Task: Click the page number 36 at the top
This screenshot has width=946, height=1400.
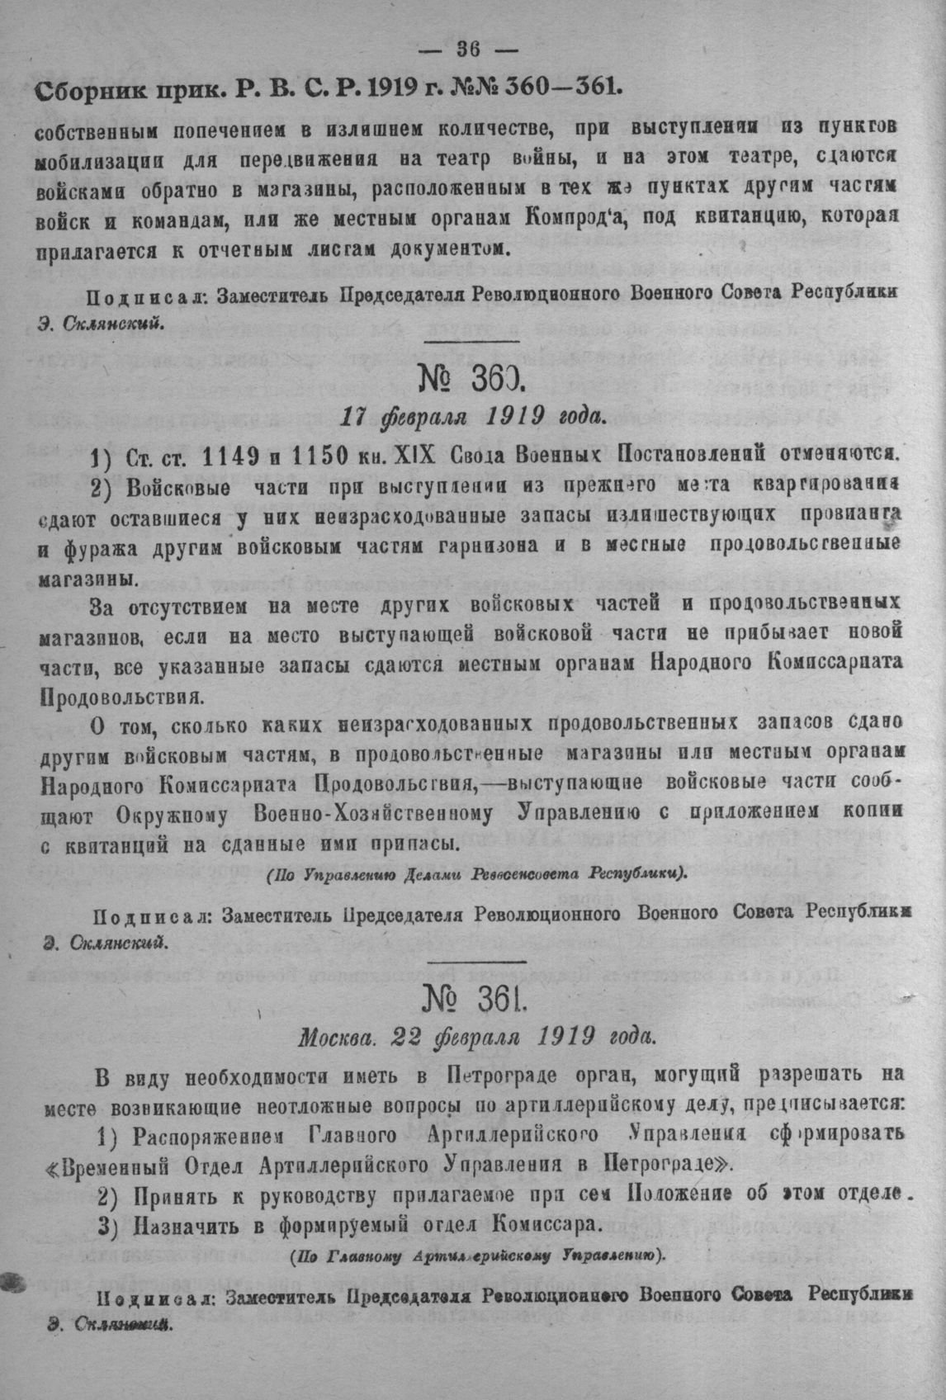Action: coord(467,49)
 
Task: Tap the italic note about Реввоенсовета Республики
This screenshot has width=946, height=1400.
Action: coord(477,873)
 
